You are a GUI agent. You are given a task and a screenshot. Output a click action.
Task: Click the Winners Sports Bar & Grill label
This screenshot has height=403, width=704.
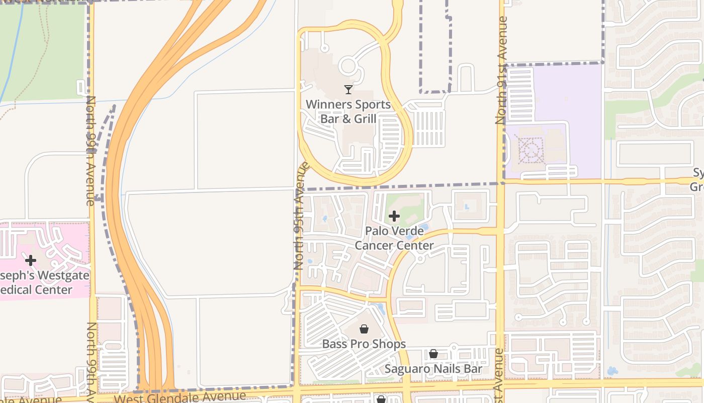(x=348, y=111)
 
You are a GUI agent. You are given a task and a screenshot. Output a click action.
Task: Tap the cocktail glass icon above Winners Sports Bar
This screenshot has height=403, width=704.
(x=348, y=90)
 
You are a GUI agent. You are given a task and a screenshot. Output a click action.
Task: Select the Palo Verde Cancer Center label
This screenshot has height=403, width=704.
(x=394, y=238)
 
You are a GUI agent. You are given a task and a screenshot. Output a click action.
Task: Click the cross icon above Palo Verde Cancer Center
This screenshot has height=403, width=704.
(x=394, y=216)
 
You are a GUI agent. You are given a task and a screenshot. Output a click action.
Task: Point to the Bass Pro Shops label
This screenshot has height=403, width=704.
(x=364, y=344)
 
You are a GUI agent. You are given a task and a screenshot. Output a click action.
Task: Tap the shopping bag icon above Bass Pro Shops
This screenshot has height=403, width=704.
(x=364, y=329)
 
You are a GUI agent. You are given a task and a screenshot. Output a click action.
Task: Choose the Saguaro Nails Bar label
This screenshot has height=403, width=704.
(x=433, y=369)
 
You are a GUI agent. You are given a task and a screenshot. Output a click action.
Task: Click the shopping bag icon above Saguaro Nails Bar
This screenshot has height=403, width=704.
(x=433, y=354)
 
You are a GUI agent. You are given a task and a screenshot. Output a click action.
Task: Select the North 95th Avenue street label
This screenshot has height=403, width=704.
(x=301, y=215)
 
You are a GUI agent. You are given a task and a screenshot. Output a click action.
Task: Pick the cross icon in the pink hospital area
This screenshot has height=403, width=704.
(x=31, y=260)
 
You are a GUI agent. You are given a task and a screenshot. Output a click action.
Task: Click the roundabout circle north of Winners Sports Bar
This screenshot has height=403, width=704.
(x=347, y=66)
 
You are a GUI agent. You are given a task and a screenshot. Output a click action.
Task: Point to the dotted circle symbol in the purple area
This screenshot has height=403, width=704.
(x=530, y=150)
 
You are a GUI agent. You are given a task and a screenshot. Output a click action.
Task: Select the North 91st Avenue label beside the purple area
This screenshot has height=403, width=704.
(x=501, y=71)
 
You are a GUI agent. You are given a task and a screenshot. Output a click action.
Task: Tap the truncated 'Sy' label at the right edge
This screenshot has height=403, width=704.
(x=698, y=179)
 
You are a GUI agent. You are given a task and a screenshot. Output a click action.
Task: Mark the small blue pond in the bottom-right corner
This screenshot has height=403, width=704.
(x=612, y=371)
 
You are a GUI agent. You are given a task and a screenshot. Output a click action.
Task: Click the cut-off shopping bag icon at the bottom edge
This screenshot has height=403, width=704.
(x=381, y=399)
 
